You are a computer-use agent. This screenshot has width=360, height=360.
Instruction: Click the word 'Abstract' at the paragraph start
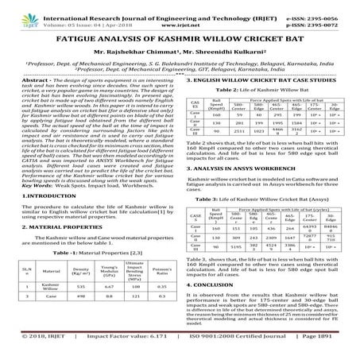click(29, 82)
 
